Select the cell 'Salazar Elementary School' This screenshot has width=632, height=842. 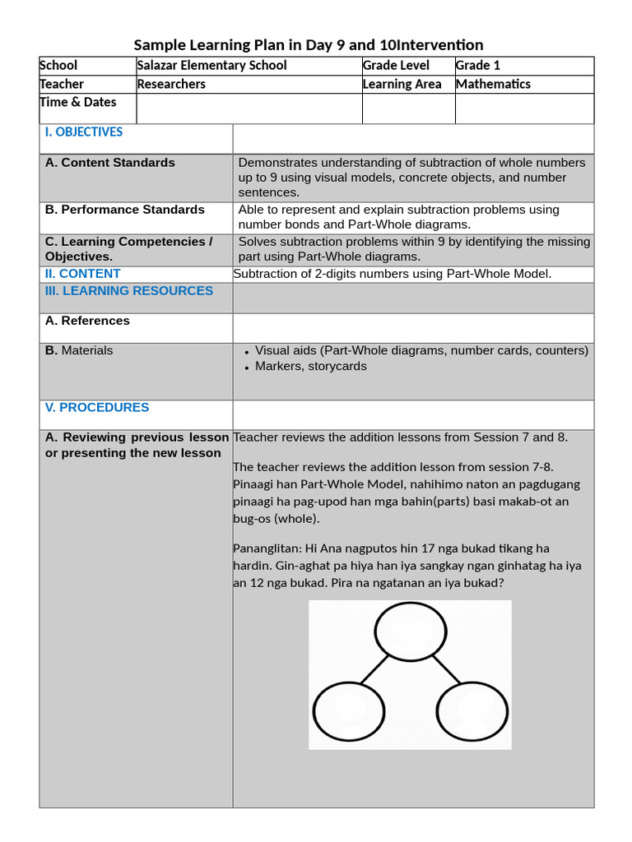(212, 66)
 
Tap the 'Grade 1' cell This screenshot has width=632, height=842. (478, 66)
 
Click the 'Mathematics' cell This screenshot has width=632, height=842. (493, 84)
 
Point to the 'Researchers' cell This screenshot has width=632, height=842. (171, 84)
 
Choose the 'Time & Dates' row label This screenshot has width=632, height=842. (78, 103)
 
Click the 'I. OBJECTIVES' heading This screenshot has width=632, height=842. (84, 132)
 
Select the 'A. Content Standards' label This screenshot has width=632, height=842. (110, 163)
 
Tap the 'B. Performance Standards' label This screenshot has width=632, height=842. (125, 210)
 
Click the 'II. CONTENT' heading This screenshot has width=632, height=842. (83, 274)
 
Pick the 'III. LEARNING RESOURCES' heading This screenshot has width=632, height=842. (129, 291)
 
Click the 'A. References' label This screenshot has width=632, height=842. (87, 321)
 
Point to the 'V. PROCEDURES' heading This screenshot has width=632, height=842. (97, 408)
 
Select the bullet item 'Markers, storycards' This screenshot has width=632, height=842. (311, 367)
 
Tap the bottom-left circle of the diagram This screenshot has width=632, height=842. (350, 710)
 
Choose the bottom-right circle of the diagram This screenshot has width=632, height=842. (472, 710)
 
